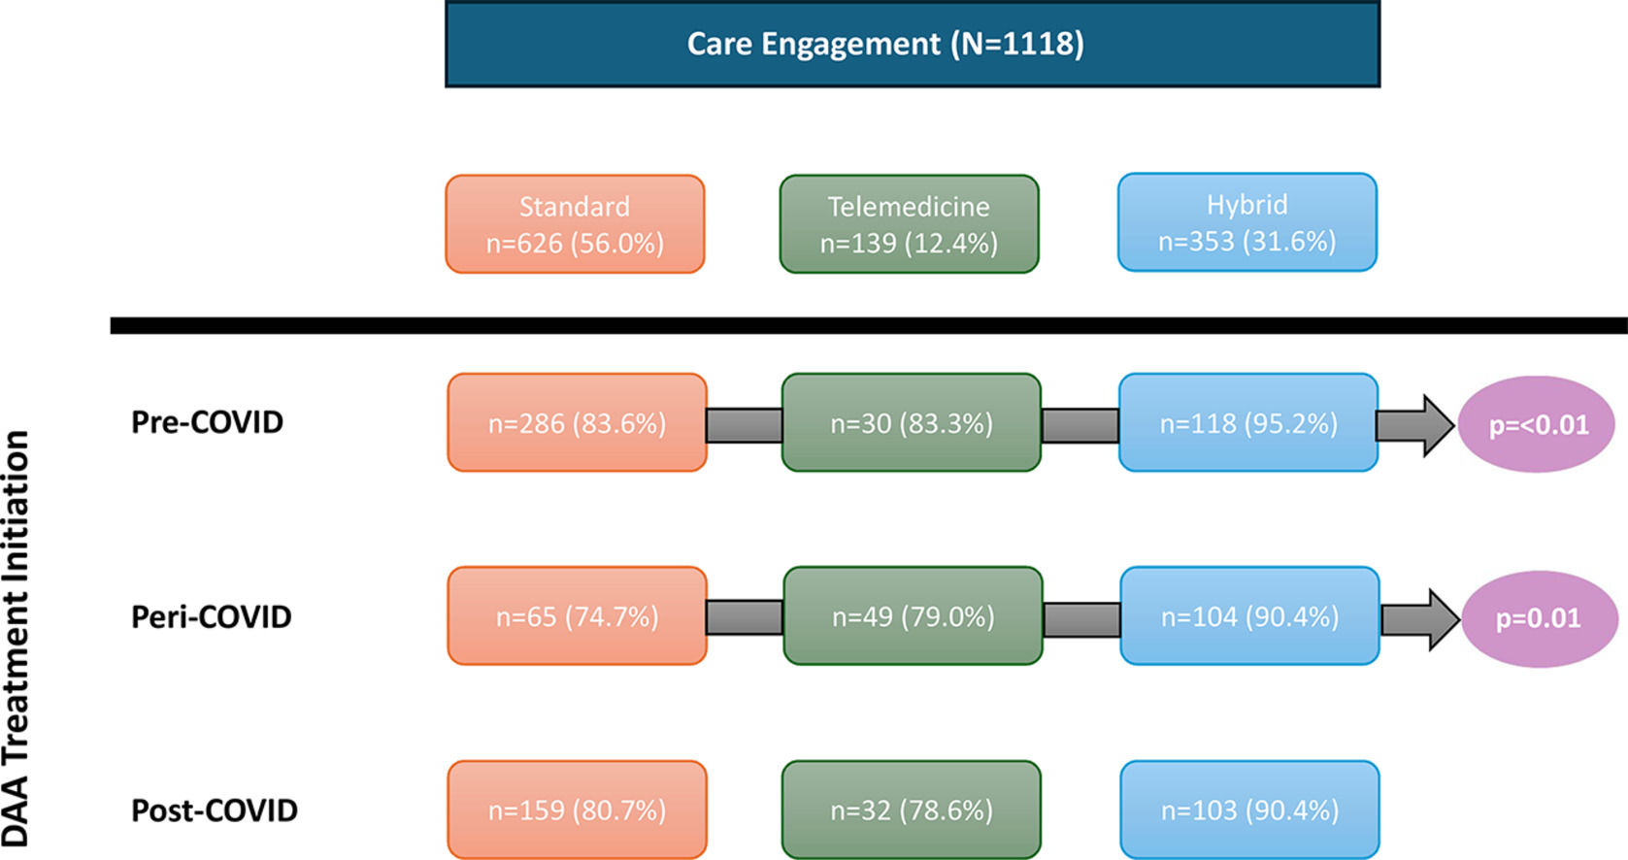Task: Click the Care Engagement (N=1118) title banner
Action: [913, 45]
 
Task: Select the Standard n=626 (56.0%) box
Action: [575, 224]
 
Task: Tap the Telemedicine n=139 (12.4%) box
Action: [909, 224]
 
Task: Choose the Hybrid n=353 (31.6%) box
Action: [1246, 222]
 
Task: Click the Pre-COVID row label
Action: [207, 422]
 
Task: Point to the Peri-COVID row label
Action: [211, 617]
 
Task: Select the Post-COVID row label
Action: [214, 810]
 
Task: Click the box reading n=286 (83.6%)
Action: [577, 423]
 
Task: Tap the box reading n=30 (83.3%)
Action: [911, 423]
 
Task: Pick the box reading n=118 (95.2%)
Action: [1248, 423]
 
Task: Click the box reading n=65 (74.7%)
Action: [577, 616]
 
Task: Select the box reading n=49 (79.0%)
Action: [913, 616]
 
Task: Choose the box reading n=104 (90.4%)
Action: [1249, 616]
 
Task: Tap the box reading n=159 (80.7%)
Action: [577, 810]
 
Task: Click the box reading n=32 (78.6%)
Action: [911, 810]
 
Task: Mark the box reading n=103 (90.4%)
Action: [1249, 810]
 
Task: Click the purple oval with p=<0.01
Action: [1537, 424]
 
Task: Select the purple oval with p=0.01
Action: [1539, 618]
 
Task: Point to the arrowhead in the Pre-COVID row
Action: [1437, 425]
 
